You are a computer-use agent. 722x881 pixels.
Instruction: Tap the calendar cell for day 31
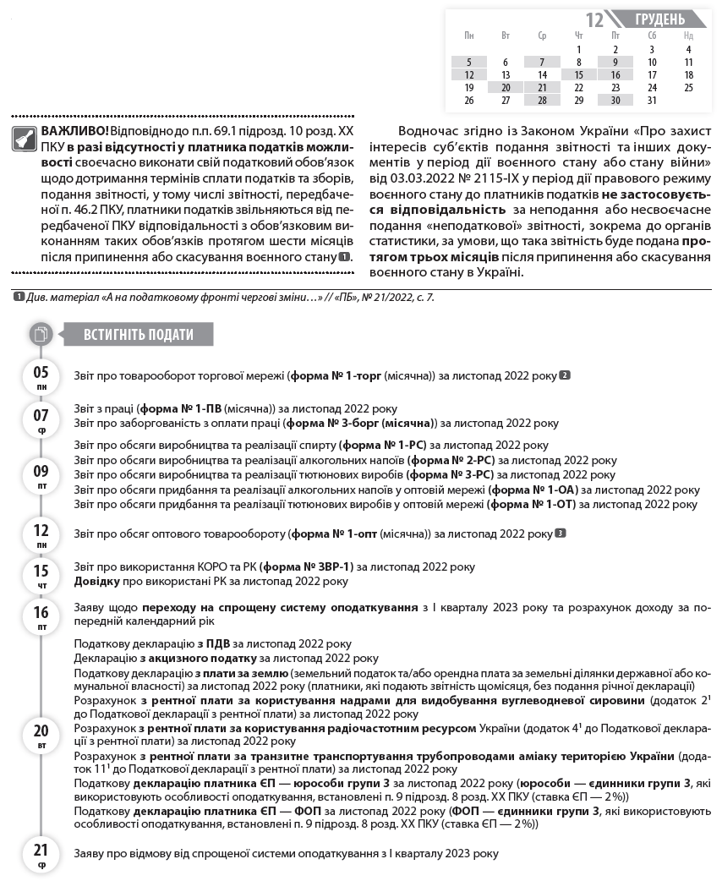coord(652,100)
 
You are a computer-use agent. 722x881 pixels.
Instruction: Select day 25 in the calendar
coord(688,87)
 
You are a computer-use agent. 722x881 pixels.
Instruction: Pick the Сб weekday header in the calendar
coord(652,36)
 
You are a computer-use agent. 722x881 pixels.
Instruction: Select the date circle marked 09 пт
coord(41,475)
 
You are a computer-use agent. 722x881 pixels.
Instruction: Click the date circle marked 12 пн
coord(41,535)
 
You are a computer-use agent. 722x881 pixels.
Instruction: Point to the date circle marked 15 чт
coord(41,574)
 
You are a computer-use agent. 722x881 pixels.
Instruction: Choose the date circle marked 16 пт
coord(41,616)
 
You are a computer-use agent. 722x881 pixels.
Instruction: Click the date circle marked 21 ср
coord(41,854)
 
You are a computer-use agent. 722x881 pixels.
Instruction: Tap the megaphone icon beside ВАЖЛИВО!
coord(25,139)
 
